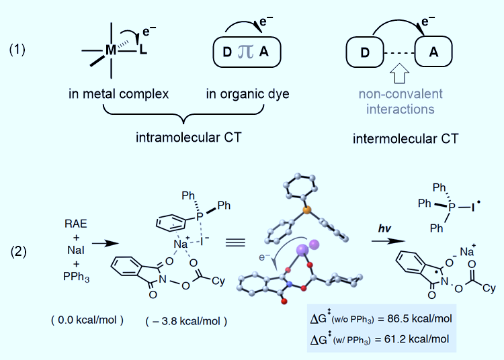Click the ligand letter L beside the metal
coord(143,52)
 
